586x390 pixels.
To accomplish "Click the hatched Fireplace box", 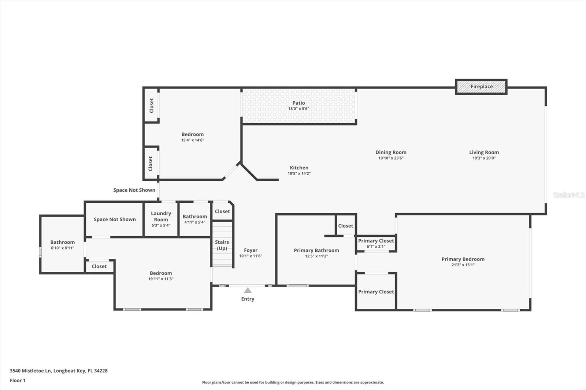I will click(x=481, y=87).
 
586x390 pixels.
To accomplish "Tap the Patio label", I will click(x=298, y=103).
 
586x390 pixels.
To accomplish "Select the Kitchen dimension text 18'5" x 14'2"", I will click(x=299, y=173).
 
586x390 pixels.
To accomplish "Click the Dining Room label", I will click(x=391, y=152).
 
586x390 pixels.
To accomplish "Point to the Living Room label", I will click(x=484, y=152).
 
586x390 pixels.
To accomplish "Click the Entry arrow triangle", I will click(x=248, y=290).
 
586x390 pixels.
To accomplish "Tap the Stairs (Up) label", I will click(x=222, y=245).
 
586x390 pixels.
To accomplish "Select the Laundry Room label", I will click(x=161, y=216).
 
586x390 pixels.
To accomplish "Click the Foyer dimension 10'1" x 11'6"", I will click(x=251, y=256).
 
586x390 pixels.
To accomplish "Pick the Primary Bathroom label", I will click(x=316, y=250).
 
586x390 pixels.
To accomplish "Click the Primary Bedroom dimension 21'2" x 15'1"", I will click(x=463, y=265).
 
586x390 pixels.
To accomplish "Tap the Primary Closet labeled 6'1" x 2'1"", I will click(x=376, y=243).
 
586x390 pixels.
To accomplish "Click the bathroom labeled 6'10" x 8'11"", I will click(x=62, y=245).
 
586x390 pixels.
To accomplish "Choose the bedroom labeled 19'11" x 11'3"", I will click(x=160, y=275).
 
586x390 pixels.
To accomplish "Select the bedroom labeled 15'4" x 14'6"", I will click(x=192, y=137).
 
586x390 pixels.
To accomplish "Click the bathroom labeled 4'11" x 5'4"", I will click(x=194, y=219).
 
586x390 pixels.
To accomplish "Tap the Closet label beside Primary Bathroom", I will click(x=345, y=226).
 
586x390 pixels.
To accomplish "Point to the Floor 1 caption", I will click(x=18, y=380).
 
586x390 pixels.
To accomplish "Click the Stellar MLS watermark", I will click(x=568, y=195).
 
